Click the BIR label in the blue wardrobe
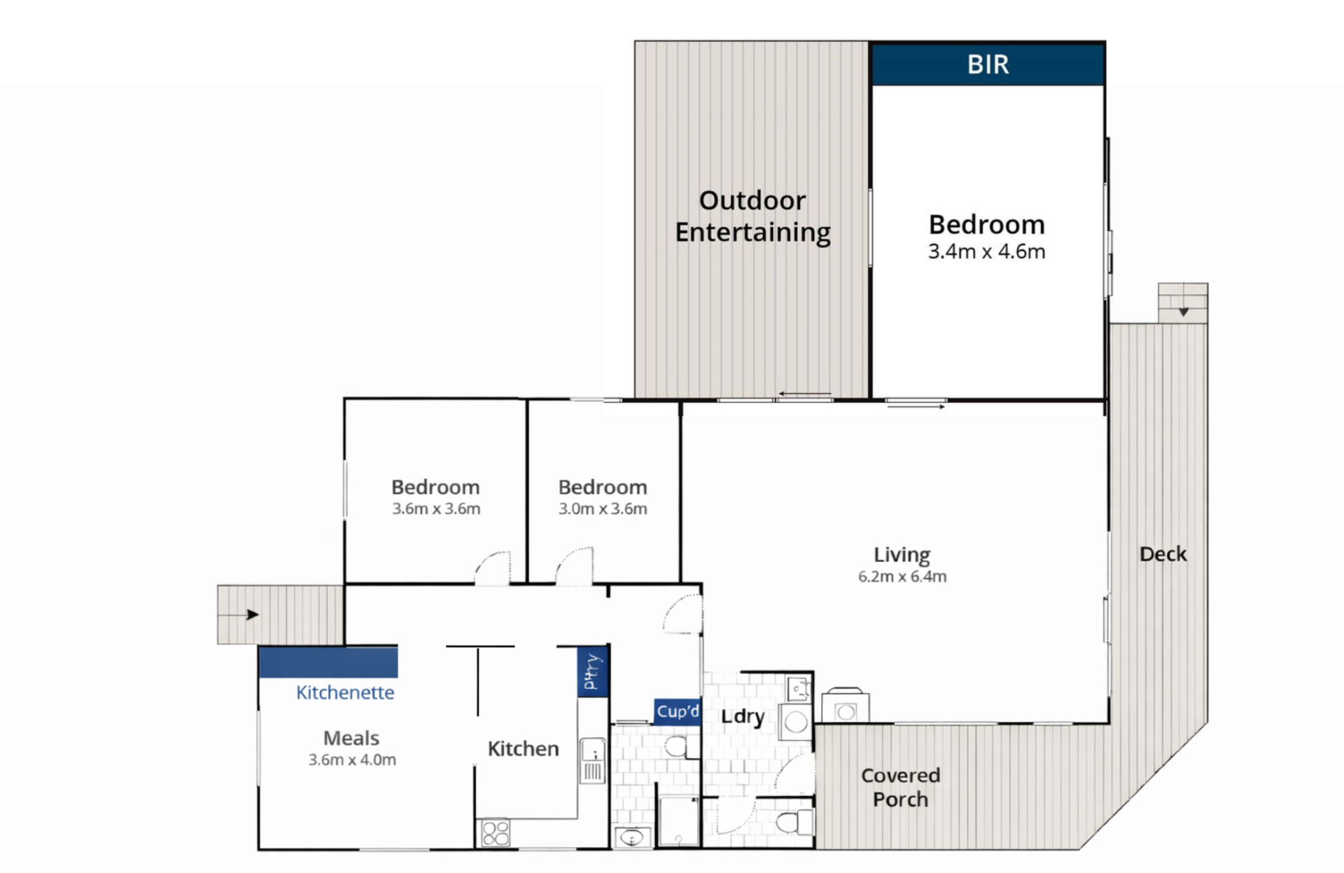point(988,64)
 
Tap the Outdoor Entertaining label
point(752,216)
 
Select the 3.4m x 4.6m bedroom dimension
point(986,252)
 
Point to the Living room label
point(902,555)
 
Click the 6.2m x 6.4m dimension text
point(902,577)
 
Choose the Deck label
point(1163,554)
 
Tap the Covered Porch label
point(900,788)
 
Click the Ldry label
point(742,717)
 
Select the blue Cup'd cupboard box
point(678,712)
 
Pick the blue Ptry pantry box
point(592,671)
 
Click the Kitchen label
point(523,749)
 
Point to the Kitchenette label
point(345,693)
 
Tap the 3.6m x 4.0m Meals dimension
point(352,760)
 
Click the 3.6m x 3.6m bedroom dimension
point(436,509)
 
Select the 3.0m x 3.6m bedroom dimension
point(603,509)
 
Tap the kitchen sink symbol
point(592,762)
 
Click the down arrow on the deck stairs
point(1183,311)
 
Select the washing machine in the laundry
point(795,722)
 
